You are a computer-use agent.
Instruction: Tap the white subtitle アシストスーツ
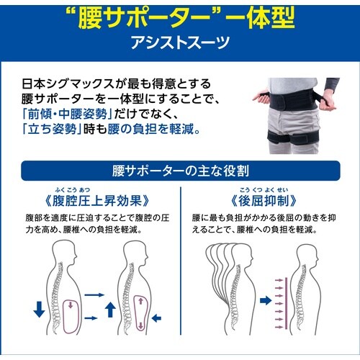pos(180,43)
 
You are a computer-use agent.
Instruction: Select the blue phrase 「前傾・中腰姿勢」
pos(67,114)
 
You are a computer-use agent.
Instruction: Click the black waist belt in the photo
pos(297,101)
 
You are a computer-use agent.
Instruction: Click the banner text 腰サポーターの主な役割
pos(181,171)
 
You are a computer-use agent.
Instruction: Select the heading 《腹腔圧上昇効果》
pos(97,201)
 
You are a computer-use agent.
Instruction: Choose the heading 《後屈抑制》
pos(264,201)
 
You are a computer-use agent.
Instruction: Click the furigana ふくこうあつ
pos(73,190)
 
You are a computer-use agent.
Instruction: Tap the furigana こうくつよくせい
pos(264,190)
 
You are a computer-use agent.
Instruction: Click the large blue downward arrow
pos(39,310)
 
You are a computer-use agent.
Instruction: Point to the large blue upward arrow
pos(110,310)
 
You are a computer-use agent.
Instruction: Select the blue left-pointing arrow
pos(156,318)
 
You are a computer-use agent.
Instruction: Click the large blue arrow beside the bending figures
pos(266,300)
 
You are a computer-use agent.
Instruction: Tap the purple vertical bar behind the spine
pos(286,303)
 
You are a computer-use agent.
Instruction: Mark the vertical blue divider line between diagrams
pos(181,261)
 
